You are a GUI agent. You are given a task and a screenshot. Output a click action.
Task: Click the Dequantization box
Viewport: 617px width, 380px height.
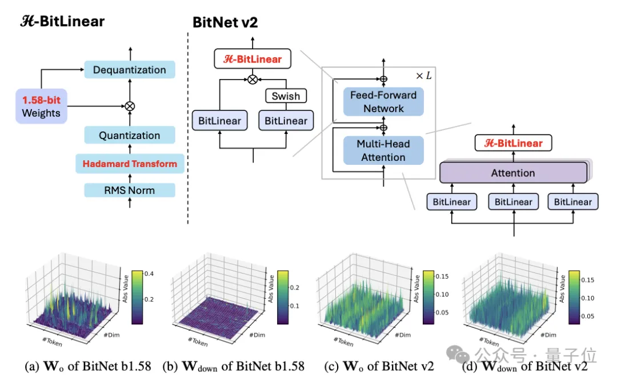(x=129, y=70)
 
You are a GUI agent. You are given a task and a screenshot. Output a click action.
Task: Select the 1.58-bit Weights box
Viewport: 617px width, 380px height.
(x=41, y=107)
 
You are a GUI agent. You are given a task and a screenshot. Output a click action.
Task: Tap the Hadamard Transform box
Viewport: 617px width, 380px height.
(x=129, y=164)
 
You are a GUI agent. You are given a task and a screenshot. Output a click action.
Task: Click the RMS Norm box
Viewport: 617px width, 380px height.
(x=129, y=190)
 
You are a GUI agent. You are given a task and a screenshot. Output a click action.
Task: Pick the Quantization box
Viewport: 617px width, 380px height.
(x=129, y=136)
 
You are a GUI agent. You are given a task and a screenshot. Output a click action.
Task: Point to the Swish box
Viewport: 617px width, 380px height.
(x=286, y=96)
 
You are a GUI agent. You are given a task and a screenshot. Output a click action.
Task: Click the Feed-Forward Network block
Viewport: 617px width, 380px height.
(x=383, y=102)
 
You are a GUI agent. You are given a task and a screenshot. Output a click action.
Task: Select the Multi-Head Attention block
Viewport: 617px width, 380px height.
(x=383, y=151)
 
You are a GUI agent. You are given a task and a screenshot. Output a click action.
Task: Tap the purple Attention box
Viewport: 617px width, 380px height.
(x=513, y=173)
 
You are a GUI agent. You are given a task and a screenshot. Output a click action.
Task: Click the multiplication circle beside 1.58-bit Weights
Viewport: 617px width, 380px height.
(x=130, y=106)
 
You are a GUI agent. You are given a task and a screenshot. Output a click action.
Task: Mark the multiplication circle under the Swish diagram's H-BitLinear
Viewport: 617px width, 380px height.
(x=253, y=80)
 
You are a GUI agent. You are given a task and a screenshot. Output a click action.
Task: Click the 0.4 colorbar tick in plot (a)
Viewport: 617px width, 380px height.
(x=147, y=274)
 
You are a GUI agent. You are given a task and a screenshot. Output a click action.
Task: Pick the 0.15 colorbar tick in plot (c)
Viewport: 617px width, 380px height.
(x=441, y=277)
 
